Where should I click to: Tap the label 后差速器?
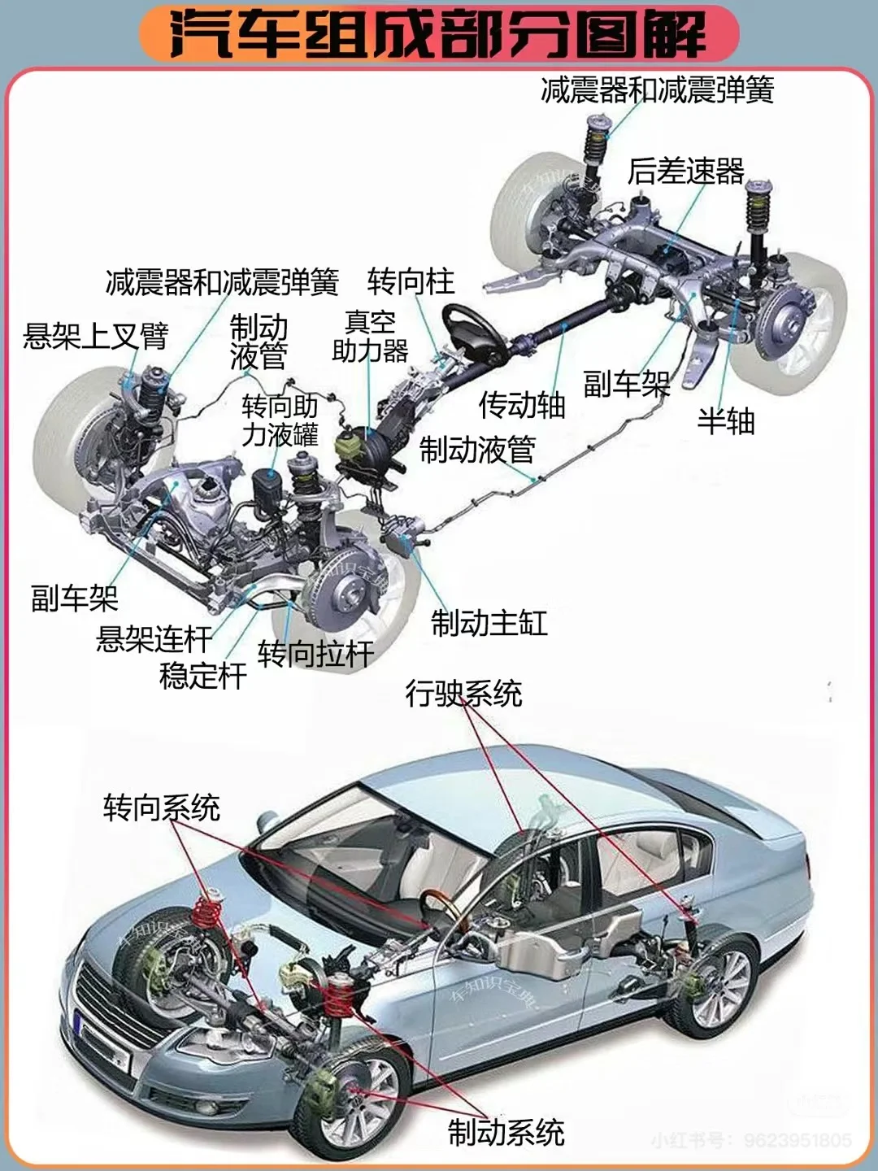pos(685,172)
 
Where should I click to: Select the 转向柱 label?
pos(411,282)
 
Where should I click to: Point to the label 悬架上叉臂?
pos(95,335)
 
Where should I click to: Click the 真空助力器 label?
pos(370,337)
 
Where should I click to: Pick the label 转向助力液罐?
pos(280,420)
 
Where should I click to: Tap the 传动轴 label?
pos(521,404)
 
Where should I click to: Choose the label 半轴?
pos(726,421)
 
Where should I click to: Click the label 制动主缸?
pos(489,624)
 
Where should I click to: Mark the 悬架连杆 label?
pos(154,639)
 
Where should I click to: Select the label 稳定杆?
pos(203,676)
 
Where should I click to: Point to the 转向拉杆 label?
pos(315,654)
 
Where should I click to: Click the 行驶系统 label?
pos(463,694)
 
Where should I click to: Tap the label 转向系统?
pos(161,808)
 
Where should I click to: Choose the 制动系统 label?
pos(506,1132)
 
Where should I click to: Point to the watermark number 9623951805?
pos(797,1141)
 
